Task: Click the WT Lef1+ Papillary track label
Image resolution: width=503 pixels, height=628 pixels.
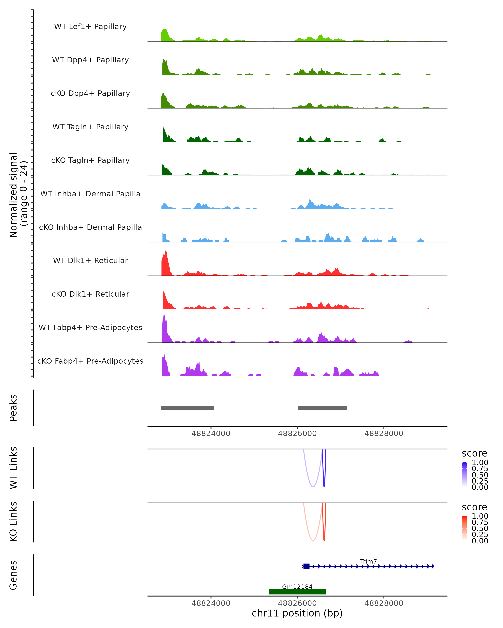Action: tap(90, 27)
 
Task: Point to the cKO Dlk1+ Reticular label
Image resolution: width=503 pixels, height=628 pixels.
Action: tap(90, 294)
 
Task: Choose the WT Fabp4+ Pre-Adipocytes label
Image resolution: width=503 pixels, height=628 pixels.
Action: tap(90, 327)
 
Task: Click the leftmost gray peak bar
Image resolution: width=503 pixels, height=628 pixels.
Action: tap(188, 408)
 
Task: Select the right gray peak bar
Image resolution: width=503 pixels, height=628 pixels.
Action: tap(322, 408)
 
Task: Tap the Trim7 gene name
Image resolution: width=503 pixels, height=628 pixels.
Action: tap(368, 561)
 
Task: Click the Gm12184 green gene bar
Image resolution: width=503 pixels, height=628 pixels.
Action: tap(297, 592)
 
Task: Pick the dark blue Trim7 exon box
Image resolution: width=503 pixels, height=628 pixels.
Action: tap(306, 566)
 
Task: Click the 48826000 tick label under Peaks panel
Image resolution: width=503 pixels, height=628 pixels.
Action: tap(297, 434)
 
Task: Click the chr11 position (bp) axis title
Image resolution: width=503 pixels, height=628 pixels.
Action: tap(297, 613)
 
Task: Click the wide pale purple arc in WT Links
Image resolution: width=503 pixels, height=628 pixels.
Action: tap(312, 487)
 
